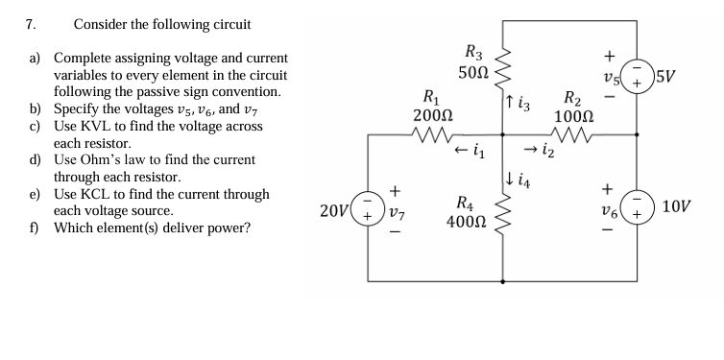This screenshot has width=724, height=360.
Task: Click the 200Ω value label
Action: (426, 114)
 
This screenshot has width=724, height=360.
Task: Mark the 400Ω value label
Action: (465, 221)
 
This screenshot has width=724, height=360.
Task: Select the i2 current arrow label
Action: (540, 151)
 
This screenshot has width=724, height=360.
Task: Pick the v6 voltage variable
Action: (607, 208)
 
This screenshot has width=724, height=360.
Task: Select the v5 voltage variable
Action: (607, 77)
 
